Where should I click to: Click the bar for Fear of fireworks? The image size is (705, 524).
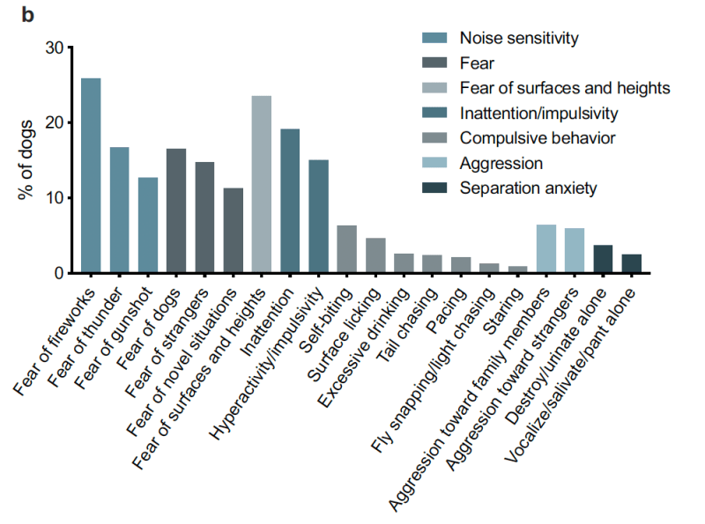point(91,176)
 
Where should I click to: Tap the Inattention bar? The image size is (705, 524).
point(290,202)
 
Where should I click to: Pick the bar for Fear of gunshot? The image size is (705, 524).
point(148,225)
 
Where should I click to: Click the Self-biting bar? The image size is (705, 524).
point(347,249)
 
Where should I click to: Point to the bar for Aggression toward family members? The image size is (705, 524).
point(546,249)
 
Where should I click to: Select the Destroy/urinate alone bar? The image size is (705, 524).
point(603,259)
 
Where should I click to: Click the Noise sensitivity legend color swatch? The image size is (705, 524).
point(434,38)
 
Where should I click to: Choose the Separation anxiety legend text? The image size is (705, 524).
point(529,188)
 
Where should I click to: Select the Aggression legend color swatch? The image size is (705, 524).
point(434,163)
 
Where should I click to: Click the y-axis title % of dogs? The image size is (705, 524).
point(27,159)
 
